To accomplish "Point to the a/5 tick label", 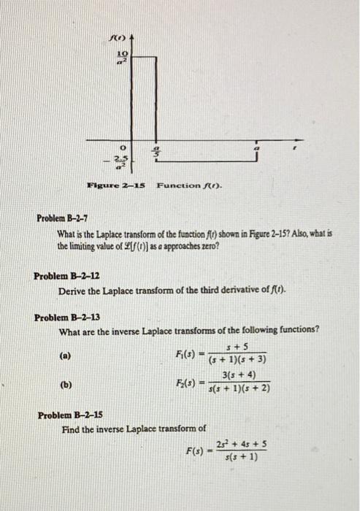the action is tap(154, 152).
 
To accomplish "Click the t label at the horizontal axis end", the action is tap(293, 147).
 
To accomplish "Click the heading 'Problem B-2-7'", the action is tap(64, 218).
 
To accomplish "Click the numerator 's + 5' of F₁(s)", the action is tap(240, 347).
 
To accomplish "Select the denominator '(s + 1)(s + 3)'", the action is tap(238, 359).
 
